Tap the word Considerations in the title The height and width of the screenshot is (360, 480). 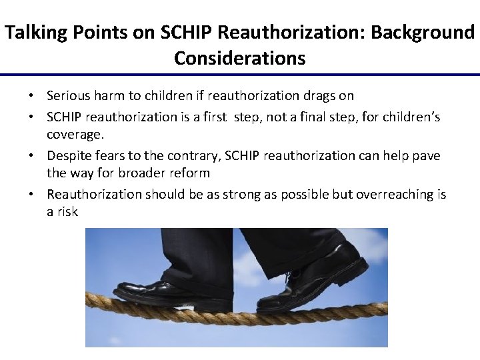[239, 58]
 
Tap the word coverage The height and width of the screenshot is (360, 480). [75, 135]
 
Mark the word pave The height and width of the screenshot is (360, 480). [426, 155]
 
